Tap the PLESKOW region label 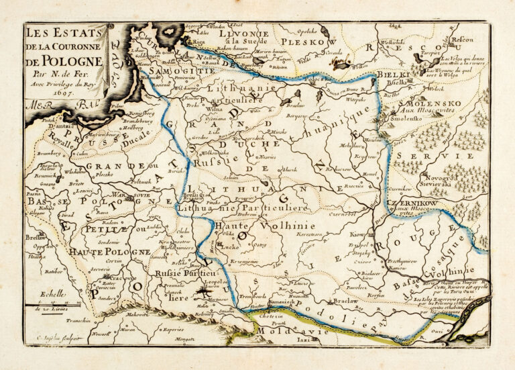click(x=312, y=42)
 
